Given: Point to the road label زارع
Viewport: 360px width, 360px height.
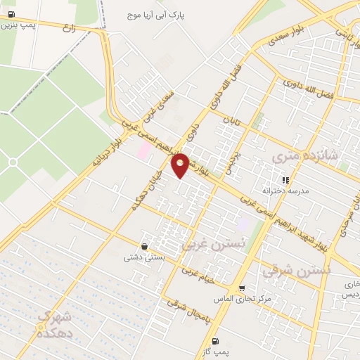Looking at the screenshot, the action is point(69,29).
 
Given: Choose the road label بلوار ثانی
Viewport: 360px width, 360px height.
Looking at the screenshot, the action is point(344,32).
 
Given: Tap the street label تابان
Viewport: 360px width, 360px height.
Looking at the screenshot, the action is point(231,120).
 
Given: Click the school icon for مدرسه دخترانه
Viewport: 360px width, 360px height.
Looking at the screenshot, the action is point(285,180).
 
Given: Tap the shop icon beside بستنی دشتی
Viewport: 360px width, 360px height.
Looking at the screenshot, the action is point(144,247).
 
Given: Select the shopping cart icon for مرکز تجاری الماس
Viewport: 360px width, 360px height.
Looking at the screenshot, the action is point(242,288).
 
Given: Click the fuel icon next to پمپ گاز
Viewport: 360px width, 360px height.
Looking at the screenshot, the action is point(224,341).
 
